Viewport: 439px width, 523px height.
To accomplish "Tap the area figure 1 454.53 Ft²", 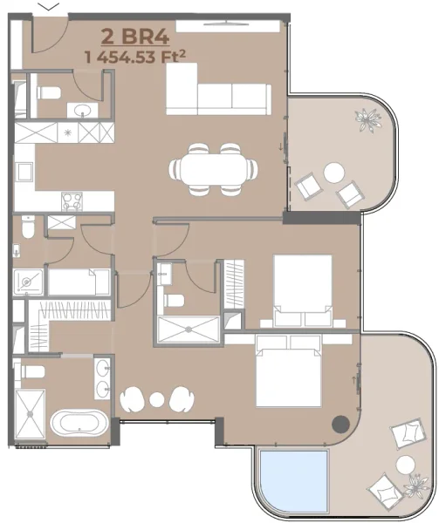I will [136, 57].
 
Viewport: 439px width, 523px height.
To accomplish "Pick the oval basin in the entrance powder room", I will [84, 110].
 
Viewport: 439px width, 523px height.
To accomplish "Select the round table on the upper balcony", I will [334, 173].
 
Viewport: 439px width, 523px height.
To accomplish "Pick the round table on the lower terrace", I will [406, 465].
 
